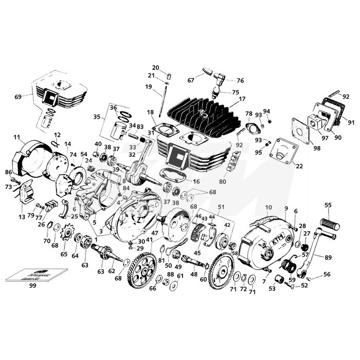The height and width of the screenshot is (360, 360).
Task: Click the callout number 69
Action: (19, 97)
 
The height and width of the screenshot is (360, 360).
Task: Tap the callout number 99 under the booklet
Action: (32, 284)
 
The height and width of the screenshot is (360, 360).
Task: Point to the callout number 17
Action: (242, 99)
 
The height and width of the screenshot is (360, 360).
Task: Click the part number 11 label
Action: (16, 137)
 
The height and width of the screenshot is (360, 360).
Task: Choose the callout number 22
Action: (299, 166)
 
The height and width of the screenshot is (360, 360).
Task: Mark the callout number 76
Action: (240, 81)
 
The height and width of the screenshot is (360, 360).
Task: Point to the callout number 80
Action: (222, 181)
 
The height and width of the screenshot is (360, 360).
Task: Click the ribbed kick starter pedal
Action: (329, 225)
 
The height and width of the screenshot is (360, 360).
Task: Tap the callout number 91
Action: (351, 122)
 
